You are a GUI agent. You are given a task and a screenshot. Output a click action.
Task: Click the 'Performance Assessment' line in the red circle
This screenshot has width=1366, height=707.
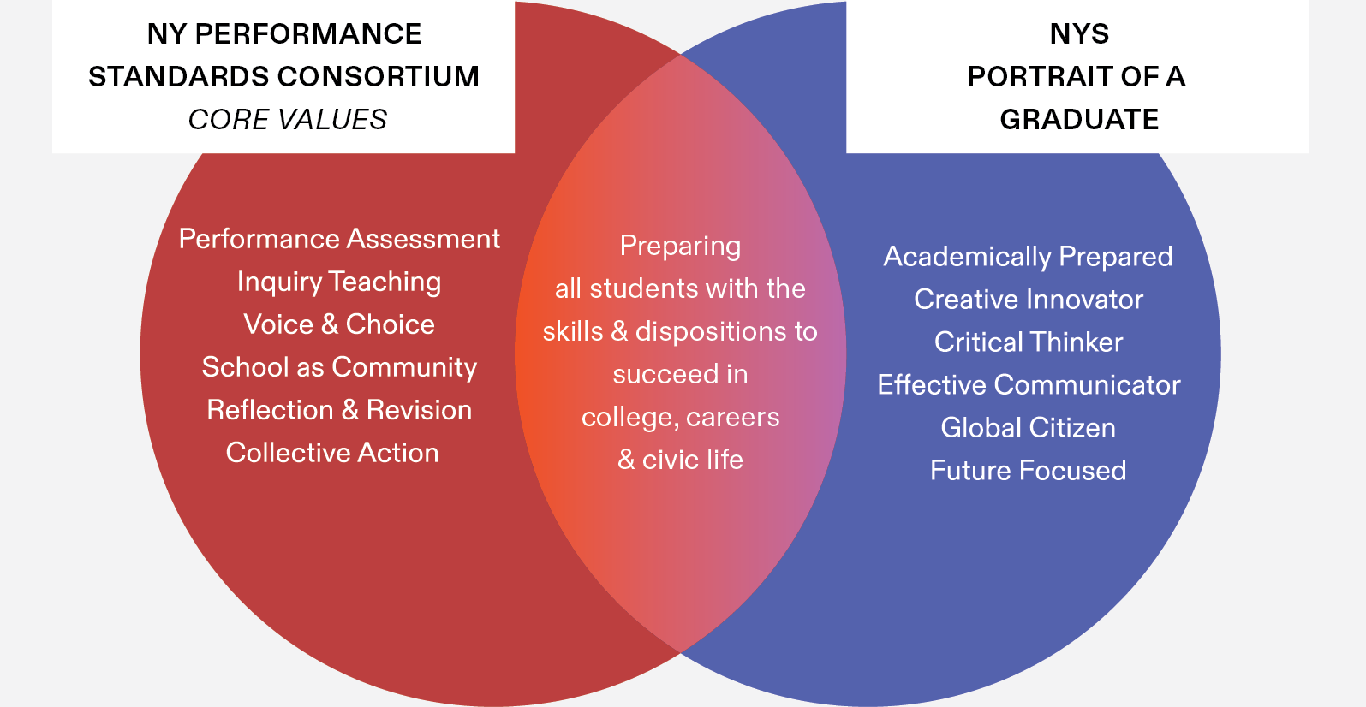click(339, 239)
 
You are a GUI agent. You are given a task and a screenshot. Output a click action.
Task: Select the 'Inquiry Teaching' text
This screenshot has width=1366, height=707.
click(339, 282)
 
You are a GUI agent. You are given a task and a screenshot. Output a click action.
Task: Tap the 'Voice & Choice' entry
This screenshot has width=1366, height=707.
click(339, 324)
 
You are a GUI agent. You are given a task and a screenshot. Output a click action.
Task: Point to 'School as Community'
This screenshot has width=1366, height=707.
click(339, 367)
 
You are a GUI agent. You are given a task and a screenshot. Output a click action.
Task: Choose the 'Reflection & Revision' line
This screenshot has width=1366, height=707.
click(339, 410)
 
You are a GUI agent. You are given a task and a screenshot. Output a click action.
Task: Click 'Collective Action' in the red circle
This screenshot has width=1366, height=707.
click(332, 453)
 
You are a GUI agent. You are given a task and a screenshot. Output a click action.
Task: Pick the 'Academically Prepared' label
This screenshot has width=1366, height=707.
click(1028, 257)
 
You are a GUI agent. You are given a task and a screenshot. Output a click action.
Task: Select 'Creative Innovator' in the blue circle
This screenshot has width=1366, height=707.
click(1028, 300)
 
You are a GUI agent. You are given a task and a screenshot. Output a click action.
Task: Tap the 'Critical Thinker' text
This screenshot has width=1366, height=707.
click(1028, 342)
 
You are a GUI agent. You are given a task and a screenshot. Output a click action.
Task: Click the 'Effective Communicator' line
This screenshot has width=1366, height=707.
click(1028, 385)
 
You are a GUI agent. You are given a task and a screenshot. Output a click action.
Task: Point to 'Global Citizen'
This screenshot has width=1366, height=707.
click(1028, 428)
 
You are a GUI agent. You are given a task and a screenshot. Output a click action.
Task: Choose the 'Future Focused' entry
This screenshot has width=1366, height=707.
click(1028, 471)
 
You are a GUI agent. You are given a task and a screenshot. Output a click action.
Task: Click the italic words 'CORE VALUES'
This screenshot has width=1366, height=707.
click(288, 119)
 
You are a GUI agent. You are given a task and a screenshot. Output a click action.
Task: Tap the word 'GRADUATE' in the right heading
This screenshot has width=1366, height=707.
click(1079, 119)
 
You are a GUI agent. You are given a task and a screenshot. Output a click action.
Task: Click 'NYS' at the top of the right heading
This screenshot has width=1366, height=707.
click(1079, 34)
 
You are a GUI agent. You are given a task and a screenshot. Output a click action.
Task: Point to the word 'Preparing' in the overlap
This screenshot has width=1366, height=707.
click(680, 247)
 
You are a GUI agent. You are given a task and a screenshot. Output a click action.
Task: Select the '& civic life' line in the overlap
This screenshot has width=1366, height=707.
click(680, 460)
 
